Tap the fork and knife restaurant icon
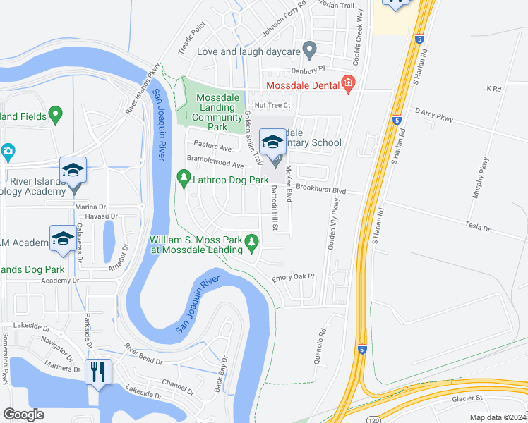point(97,371)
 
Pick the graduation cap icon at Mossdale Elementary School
point(273,142)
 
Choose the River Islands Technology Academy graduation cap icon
point(73,171)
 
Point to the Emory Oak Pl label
point(292,278)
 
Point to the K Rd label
point(493,89)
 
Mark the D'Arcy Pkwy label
point(433,111)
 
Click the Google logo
point(24,415)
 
